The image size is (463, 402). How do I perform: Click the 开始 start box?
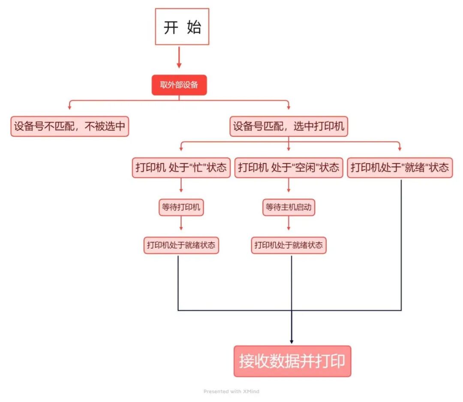tap(182, 27)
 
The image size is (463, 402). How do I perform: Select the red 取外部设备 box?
tap(179, 85)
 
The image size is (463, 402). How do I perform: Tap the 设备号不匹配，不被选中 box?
tap(69, 126)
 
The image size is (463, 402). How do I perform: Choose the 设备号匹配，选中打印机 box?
tap(289, 126)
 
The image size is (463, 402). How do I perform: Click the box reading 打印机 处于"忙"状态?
tap(181, 167)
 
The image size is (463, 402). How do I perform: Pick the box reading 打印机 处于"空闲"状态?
tap(288, 167)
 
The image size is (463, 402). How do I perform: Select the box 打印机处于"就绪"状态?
tap(400, 167)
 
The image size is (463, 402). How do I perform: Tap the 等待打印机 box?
tap(181, 208)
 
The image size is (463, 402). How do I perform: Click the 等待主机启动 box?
tap(288, 208)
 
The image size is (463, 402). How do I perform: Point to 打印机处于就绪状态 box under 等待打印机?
tap(181, 245)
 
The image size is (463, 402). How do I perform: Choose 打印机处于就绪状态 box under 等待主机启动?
tap(288, 245)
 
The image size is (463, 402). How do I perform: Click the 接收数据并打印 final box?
tap(292, 361)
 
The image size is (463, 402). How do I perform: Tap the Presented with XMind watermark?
tap(231, 391)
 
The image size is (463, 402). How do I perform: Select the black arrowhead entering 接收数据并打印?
tap(292, 342)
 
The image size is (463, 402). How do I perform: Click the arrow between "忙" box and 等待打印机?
tap(181, 185)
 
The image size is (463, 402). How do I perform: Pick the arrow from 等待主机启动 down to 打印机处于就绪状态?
tap(288, 223)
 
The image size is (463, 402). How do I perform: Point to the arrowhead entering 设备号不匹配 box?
tap(69, 108)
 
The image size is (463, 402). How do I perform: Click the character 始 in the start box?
tap(194, 27)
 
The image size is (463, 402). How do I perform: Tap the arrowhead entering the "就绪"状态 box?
tap(400, 149)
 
